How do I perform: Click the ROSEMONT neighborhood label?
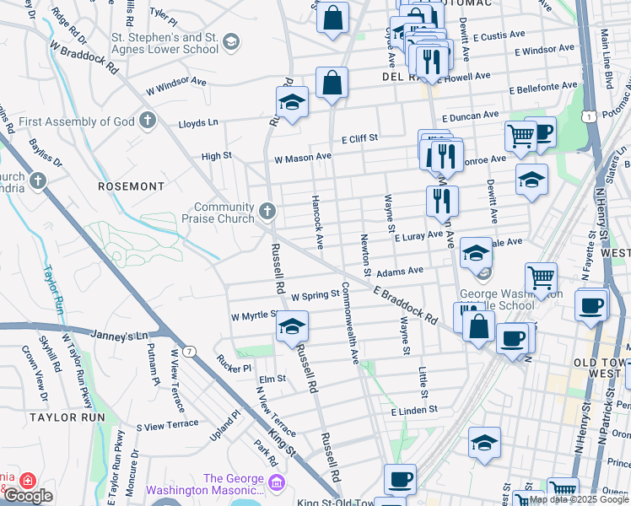pos(131,186)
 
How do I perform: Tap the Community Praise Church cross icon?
pos(267,211)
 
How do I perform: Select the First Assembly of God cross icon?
pos(148,120)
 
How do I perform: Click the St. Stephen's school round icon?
pos(231,44)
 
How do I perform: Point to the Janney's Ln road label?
pos(123,336)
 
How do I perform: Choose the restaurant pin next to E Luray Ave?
pos(442,201)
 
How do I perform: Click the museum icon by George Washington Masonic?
pos(277,482)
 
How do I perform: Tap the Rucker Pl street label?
pos(234,368)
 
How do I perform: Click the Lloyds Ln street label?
pos(198,122)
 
